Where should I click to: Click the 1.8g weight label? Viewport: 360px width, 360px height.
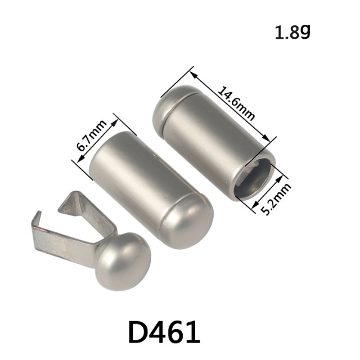(x=292, y=32)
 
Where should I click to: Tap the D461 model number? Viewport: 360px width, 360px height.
(x=164, y=332)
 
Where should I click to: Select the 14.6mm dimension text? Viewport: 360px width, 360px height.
(x=236, y=103)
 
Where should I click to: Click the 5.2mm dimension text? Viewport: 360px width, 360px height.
(x=276, y=199)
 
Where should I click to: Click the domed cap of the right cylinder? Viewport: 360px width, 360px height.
(x=169, y=103)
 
